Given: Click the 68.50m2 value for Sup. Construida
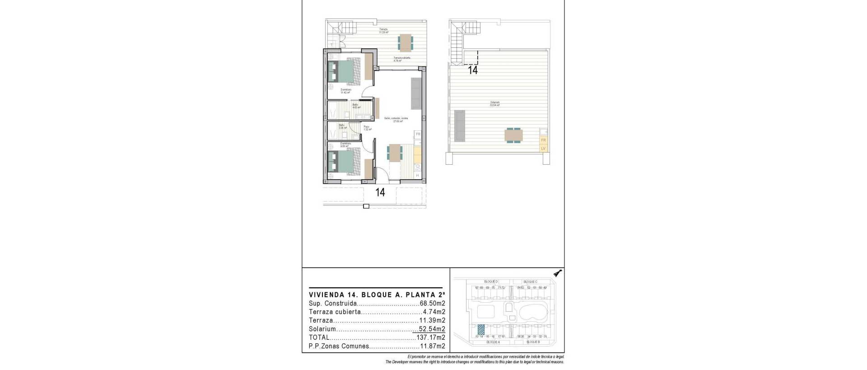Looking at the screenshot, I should click(433, 304).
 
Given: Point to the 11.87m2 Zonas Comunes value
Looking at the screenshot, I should click(433, 346).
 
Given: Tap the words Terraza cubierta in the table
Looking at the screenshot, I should click(335, 312).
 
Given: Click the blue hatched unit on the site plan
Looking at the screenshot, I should click(481, 329).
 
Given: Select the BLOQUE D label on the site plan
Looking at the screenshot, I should click(490, 282).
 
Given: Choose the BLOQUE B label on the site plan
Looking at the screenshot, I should click(527, 342).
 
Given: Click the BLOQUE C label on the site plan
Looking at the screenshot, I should click(530, 282).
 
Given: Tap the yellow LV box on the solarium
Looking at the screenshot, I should click(543, 148).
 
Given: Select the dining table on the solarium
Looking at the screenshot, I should click(514, 135).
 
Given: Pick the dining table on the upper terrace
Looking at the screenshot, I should click(405, 42).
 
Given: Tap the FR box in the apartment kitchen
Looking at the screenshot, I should click(418, 134).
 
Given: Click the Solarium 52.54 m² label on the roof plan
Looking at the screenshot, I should click(495, 104).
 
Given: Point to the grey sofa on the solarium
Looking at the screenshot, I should click(460, 125).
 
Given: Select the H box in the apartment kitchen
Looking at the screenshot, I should click(418, 175).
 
